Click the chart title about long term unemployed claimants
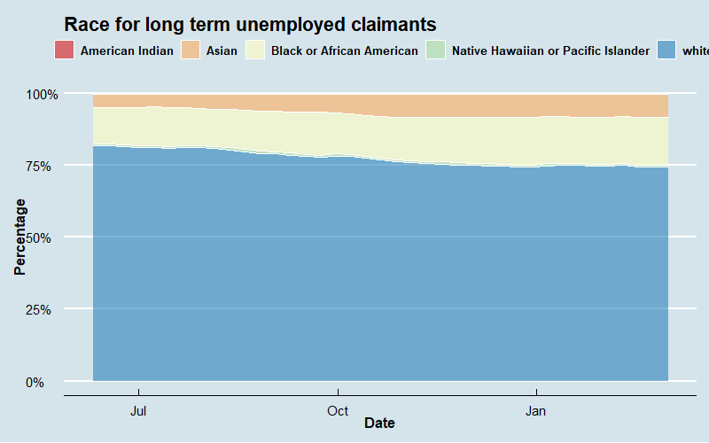(x=250, y=25)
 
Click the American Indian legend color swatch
(x=63, y=51)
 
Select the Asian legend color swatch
(x=190, y=51)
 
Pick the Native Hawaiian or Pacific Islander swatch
(x=435, y=51)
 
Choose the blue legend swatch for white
(x=666, y=51)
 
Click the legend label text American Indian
(x=127, y=51)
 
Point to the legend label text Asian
(x=222, y=51)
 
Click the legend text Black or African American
(x=345, y=51)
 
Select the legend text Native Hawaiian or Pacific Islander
(x=550, y=51)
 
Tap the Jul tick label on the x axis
(x=138, y=411)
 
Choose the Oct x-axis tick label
(x=338, y=411)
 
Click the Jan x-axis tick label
(x=536, y=411)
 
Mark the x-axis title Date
(x=379, y=424)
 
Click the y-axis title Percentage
(x=20, y=237)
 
